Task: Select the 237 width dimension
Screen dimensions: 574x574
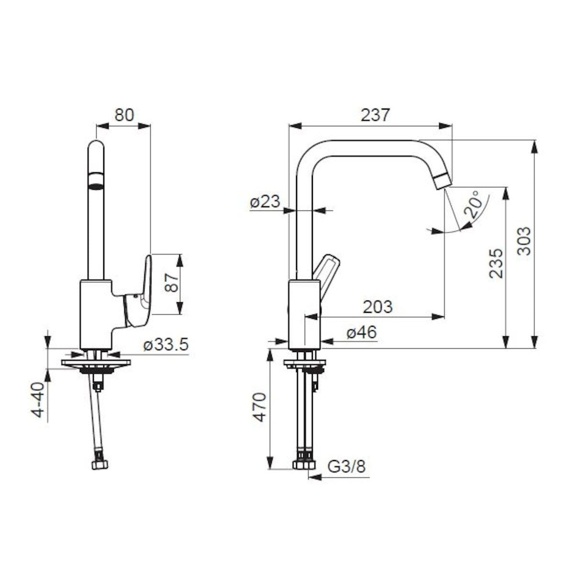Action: click(x=375, y=115)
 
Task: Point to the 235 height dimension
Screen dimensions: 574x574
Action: click(x=496, y=263)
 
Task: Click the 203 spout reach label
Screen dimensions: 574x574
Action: click(x=378, y=307)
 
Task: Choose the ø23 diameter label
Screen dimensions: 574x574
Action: click(x=265, y=202)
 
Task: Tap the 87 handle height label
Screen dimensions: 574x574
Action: click(x=172, y=284)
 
